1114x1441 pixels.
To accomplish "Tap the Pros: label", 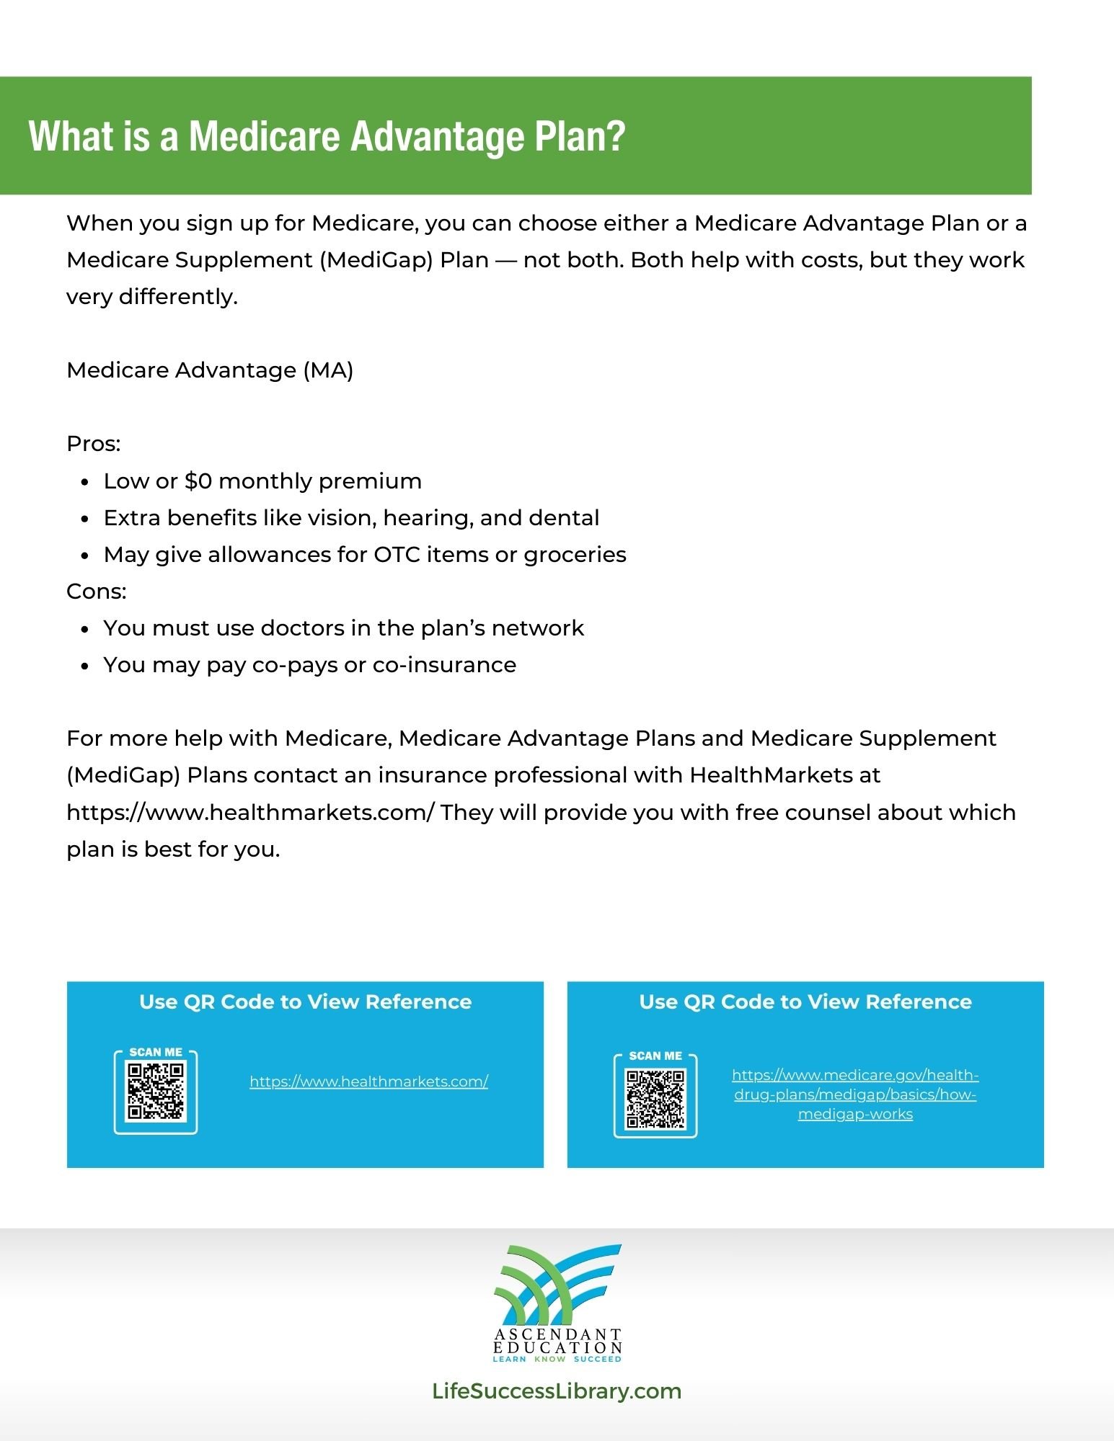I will [x=94, y=444].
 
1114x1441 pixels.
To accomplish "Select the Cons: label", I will [x=97, y=592].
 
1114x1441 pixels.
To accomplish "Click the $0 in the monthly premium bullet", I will [x=198, y=481].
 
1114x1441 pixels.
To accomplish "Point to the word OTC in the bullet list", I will [x=397, y=555].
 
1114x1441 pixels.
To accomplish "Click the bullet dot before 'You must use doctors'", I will [x=85, y=630].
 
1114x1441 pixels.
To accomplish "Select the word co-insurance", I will [x=444, y=665].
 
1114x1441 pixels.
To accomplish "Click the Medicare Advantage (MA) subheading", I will [x=210, y=370].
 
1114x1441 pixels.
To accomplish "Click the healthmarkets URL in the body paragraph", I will [x=250, y=813].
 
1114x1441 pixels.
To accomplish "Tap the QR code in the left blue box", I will [x=156, y=1092].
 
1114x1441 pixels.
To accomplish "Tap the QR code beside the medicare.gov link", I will [x=655, y=1099].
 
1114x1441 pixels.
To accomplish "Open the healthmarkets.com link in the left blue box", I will [x=369, y=1081].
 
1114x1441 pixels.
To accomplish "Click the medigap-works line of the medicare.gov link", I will [x=855, y=1115].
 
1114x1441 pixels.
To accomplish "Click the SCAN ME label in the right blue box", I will [x=655, y=1056].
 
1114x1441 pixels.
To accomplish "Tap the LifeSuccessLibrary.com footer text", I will [x=557, y=1391].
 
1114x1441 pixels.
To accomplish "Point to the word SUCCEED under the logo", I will [x=597, y=1359].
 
